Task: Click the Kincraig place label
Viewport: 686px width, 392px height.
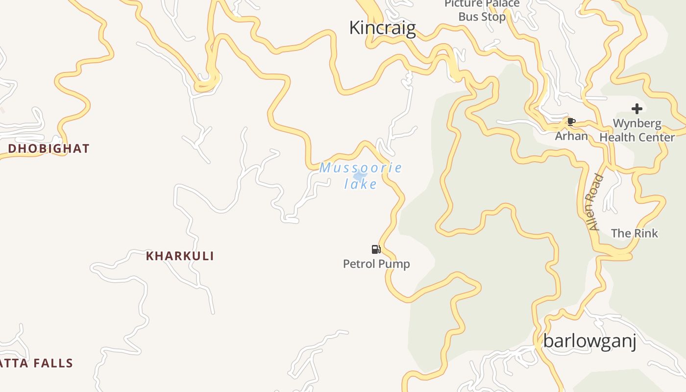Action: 382,28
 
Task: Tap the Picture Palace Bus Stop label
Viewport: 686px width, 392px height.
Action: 482,10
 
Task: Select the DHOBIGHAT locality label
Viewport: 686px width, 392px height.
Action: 49,148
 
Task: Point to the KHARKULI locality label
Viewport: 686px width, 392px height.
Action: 180,256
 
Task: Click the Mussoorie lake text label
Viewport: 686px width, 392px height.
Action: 361,175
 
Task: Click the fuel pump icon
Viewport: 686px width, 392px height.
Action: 376,249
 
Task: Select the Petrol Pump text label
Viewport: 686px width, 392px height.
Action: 376,264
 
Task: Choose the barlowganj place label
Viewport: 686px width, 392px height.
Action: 589,341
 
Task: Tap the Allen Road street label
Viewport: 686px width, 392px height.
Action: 596,202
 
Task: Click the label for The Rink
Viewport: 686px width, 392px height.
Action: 635,233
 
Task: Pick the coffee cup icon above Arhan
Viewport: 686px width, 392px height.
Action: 570,122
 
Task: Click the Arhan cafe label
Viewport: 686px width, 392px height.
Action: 571,136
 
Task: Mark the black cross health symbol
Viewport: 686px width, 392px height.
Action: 637,109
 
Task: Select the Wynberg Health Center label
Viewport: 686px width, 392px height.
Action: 637,130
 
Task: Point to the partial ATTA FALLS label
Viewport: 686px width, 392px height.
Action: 37,363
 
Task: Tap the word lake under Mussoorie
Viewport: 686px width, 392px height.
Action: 361,184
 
